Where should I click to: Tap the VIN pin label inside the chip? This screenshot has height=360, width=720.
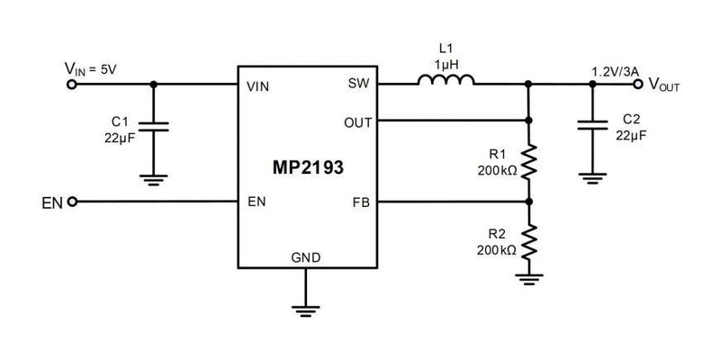click(x=257, y=86)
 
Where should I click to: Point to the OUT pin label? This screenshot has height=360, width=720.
click(x=354, y=121)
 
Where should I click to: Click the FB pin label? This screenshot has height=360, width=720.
click(x=359, y=202)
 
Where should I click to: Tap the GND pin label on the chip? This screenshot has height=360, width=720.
click(x=305, y=257)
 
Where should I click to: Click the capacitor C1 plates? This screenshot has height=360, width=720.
click(x=155, y=129)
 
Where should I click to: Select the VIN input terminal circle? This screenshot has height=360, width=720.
click(x=73, y=85)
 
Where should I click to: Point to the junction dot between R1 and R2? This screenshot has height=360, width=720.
click(x=529, y=202)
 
